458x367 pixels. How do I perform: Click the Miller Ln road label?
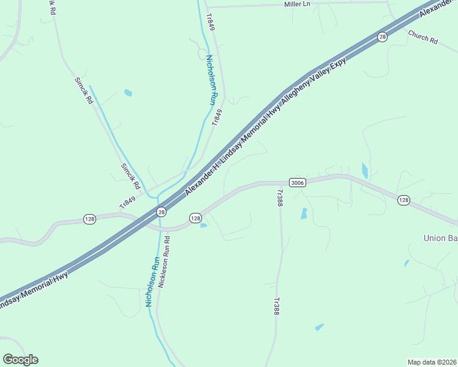pos(298,4)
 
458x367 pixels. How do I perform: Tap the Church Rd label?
pos(423,37)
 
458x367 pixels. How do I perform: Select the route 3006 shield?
pos(297,182)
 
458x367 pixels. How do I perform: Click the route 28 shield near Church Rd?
pos(383,37)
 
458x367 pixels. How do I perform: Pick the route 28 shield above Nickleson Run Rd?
pos(161,212)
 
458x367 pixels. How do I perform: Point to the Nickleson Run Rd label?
pos(163,263)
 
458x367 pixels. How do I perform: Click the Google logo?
pos(20,360)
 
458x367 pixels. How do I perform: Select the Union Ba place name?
pos(440,237)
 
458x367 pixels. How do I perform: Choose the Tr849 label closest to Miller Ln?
pos(211,23)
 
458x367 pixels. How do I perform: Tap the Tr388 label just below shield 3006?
pos(279,198)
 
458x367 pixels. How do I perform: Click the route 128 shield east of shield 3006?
pos(403,200)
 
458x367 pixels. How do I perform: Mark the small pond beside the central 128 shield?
pos(203,225)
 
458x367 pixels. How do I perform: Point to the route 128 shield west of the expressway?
pos(89,219)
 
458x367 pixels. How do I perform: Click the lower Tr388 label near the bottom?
pos(276,306)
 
